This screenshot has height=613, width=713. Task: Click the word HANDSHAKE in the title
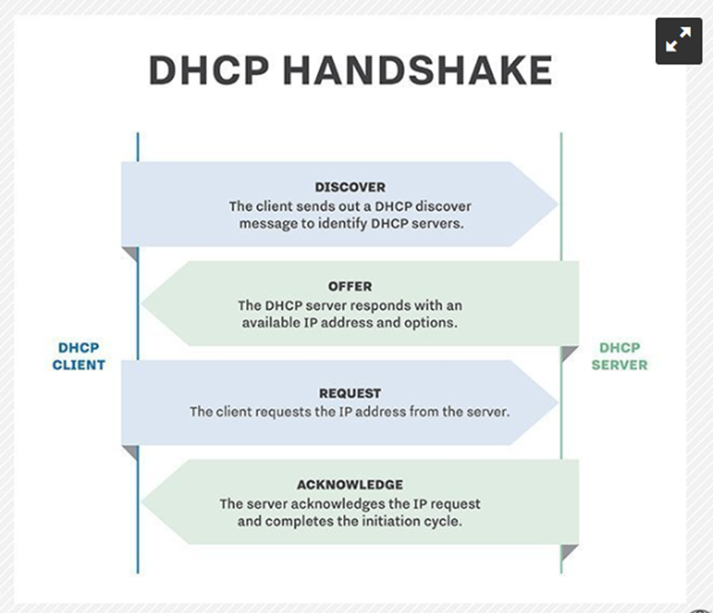click(x=417, y=70)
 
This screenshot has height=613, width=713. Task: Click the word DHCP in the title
click(x=209, y=70)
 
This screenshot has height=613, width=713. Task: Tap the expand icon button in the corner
click(x=678, y=40)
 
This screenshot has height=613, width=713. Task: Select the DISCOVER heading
click(x=350, y=187)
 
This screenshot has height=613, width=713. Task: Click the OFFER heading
click(x=350, y=286)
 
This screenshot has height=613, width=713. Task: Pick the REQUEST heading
click(x=350, y=393)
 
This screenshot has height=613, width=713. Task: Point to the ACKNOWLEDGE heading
click(x=350, y=485)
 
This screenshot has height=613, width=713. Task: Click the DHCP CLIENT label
click(x=79, y=356)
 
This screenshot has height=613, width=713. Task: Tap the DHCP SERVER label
click(x=620, y=356)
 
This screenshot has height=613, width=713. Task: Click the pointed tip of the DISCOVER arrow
click(x=558, y=204)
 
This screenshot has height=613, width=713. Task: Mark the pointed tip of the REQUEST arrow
click(x=558, y=402)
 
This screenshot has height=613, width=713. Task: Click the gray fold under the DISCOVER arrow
click(x=132, y=252)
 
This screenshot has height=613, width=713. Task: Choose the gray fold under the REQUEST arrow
click(x=132, y=451)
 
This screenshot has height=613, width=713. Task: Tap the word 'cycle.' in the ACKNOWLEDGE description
click(x=443, y=521)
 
